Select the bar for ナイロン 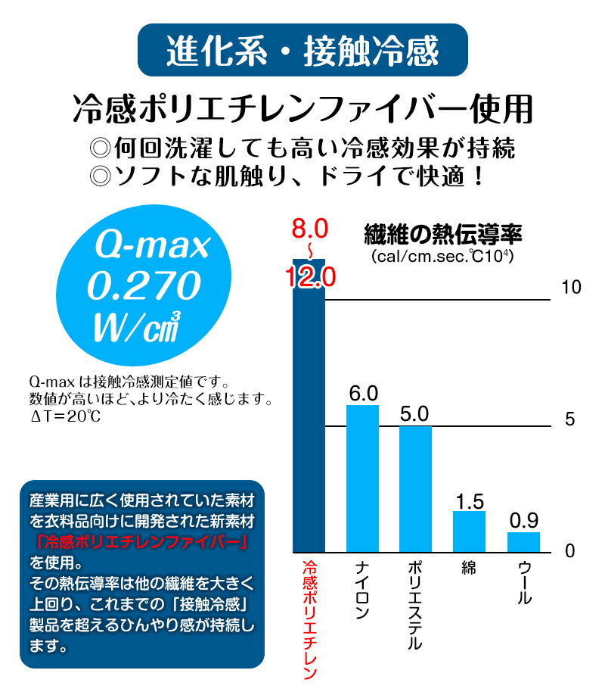tap(362, 478)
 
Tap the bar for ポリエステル tap(415, 489)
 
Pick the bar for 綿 tap(469, 531)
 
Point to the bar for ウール tap(523, 542)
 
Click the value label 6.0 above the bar tap(363, 394)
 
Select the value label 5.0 tap(415, 414)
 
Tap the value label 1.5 tap(470, 500)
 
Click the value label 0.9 tap(523, 521)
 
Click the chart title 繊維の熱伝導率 tap(442, 233)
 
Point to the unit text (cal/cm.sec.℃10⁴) tap(442, 257)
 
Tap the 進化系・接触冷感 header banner tap(302, 51)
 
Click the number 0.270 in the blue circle tap(144, 286)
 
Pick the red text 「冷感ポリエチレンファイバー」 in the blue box tap(141, 542)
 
